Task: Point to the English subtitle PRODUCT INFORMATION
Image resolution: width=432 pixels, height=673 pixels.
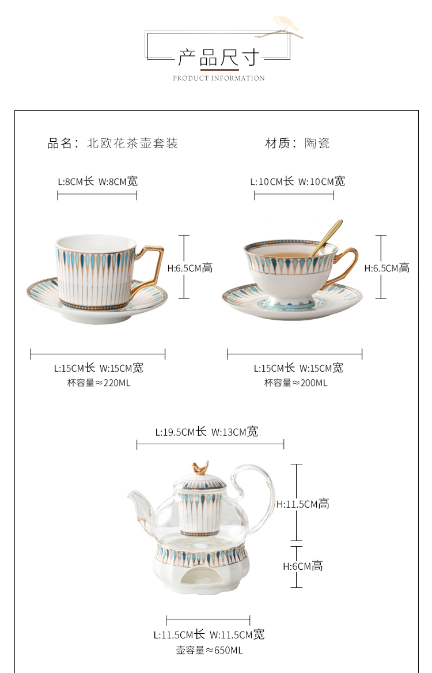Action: point(219,78)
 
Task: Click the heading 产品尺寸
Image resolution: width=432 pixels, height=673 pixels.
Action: point(219,58)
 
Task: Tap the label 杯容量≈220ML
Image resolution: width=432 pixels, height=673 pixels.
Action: point(98,383)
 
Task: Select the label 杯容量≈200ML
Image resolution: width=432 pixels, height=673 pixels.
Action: point(295,383)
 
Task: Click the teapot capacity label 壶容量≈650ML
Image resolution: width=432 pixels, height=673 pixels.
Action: point(209,651)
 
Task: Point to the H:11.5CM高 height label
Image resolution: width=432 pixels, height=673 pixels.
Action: point(303,504)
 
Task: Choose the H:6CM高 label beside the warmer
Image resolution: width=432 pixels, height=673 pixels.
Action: point(303,566)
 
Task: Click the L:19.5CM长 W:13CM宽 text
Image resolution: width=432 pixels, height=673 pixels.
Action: point(207,432)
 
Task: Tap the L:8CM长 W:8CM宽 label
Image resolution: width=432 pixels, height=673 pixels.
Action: point(98,181)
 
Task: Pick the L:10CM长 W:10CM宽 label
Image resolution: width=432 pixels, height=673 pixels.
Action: point(298,181)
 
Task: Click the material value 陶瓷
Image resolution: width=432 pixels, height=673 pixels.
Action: point(317,143)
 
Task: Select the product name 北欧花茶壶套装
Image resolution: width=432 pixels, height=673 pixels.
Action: point(132,143)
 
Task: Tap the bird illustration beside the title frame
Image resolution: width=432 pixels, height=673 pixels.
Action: point(287,24)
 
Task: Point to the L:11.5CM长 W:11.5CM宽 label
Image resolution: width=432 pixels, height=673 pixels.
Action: point(209,634)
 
